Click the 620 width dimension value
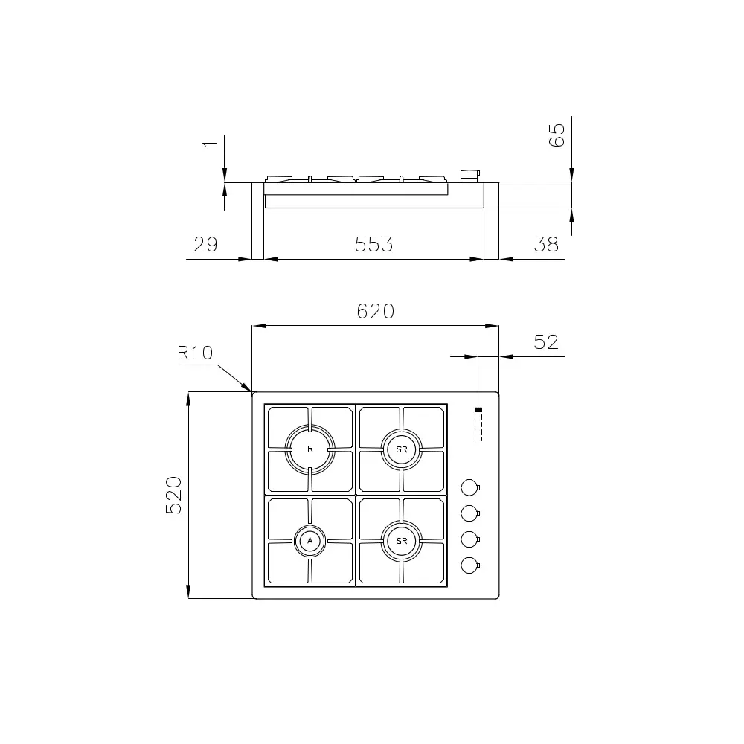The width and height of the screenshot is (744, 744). [375, 311]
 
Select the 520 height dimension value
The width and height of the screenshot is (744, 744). [173, 495]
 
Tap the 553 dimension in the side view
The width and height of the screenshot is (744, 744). [373, 244]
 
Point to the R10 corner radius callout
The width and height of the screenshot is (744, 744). [195, 353]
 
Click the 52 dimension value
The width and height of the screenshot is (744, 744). [546, 342]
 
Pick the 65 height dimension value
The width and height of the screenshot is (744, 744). [557, 135]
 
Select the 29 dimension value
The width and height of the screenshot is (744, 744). [205, 244]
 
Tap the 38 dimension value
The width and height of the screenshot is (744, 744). [546, 244]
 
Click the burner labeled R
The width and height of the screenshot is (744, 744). [310, 449]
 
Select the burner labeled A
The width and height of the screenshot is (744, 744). [310, 541]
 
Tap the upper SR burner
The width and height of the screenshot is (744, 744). [402, 449]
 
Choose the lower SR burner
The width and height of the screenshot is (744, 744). [402, 541]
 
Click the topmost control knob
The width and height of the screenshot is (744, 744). [469, 487]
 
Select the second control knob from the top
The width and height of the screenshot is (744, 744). [469, 513]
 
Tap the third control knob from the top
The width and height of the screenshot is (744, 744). [469, 539]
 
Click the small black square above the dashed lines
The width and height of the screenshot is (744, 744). [478, 410]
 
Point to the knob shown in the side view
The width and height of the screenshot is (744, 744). [470, 176]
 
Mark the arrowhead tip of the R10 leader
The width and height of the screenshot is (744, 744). [251, 391]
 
